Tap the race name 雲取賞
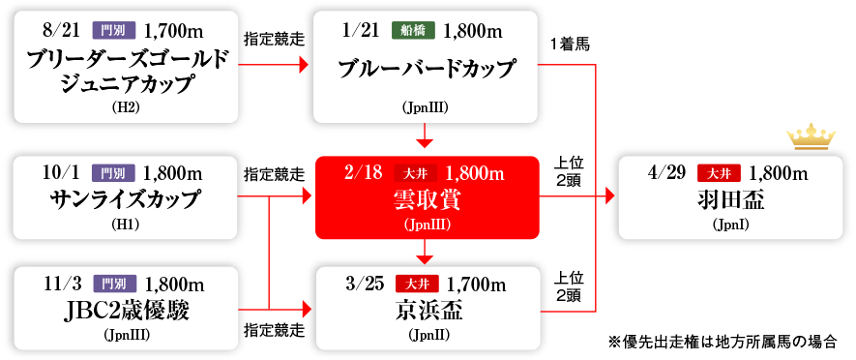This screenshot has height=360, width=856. click(427, 200)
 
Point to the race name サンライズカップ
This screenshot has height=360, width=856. click(125, 199)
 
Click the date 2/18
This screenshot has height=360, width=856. click(364, 173)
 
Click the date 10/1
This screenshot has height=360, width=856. click(62, 173)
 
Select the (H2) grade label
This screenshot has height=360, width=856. click(126, 106)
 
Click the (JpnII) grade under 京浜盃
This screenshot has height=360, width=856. click(428, 335)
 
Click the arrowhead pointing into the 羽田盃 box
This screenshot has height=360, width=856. click(610, 196)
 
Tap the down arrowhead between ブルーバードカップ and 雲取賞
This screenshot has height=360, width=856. click(427, 144)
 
